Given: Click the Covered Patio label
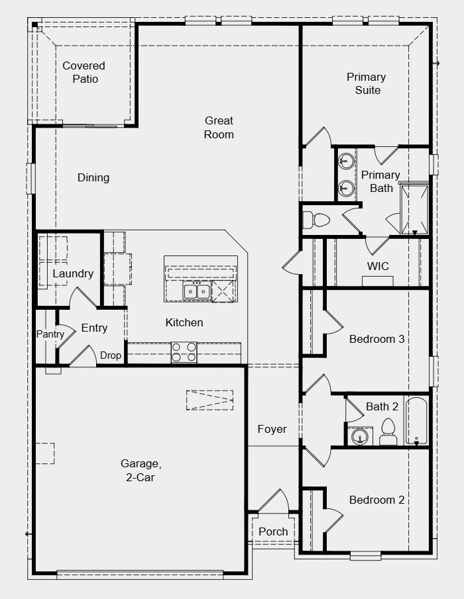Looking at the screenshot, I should (84, 72).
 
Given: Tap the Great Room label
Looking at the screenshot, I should (219, 127).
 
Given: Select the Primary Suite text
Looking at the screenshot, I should (366, 83).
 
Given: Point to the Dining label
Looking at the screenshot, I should (93, 177).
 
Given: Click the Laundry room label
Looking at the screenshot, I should (73, 273).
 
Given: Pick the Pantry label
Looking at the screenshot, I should (50, 334).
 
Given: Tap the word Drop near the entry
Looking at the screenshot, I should (111, 355).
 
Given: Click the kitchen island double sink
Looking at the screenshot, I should (197, 291).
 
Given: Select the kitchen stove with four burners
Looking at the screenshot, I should (184, 352).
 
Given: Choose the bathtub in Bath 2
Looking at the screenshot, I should (416, 420).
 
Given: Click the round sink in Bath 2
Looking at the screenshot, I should (360, 437).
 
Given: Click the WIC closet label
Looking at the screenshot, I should (378, 266).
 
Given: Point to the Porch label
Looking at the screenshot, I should (273, 531).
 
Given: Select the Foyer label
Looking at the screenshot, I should (272, 429).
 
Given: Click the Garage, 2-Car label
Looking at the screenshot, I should (141, 470).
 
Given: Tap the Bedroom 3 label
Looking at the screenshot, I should (377, 339).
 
